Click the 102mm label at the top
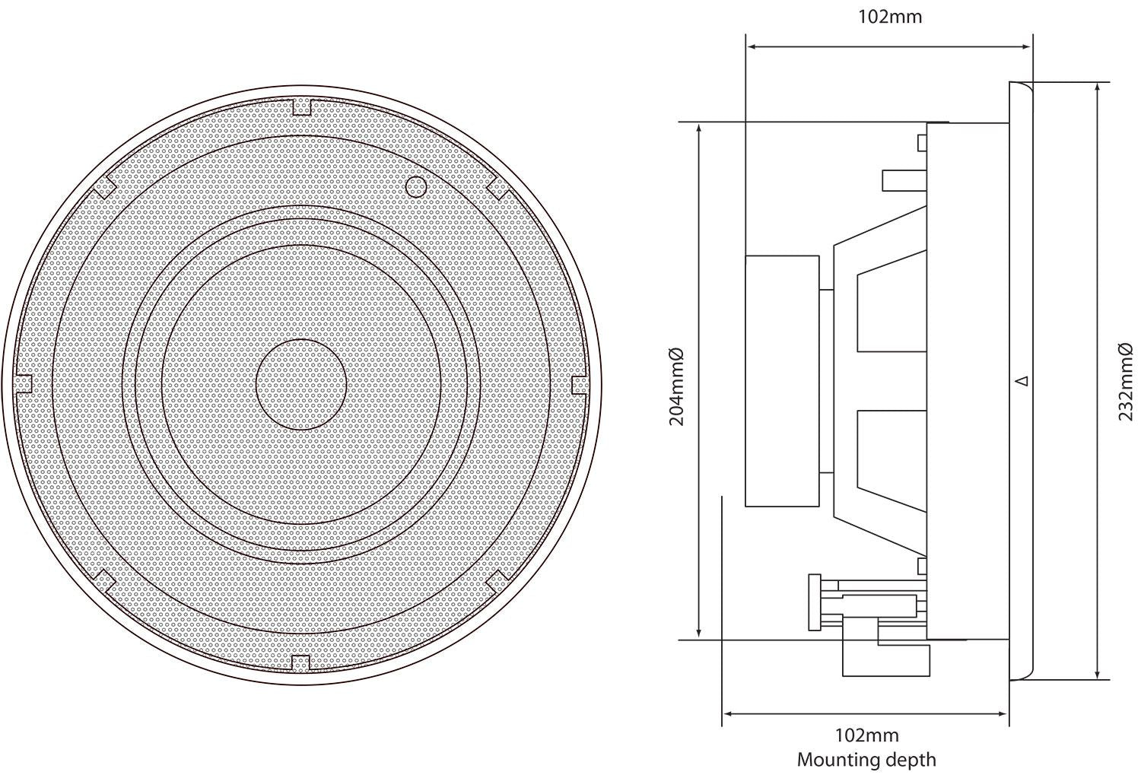tap(889, 17)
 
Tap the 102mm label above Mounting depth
tap(866, 735)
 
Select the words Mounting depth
tap(866, 759)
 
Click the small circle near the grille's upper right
tap(415, 186)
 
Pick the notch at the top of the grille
tap(302, 106)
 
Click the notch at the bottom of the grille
tap(301, 662)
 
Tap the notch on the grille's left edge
tap(24, 384)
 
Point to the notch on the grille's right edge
tap(580, 384)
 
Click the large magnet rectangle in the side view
tap(782, 380)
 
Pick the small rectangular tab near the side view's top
tap(923, 142)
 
